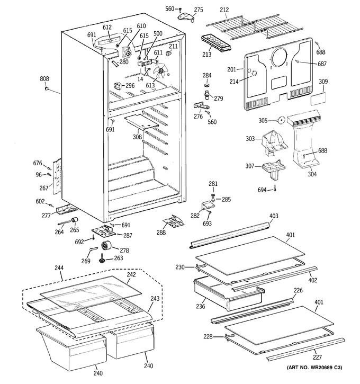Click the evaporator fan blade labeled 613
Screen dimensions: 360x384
pos(161,71)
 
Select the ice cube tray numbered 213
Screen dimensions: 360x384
pos(216,43)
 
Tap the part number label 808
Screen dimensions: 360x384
pos(44,78)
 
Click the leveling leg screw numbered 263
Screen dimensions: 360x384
pos(102,258)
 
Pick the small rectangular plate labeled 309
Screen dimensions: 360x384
pos(318,99)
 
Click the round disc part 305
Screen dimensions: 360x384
pos(281,120)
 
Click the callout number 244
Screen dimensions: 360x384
pos(59,268)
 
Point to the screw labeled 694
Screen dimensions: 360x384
pos(275,188)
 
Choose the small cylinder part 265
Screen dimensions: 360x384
pos(75,220)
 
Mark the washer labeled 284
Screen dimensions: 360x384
pos(208,85)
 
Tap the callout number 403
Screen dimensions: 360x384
pos(274,216)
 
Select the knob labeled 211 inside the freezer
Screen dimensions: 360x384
pos(168,52)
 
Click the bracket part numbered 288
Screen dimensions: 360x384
pos(174,221)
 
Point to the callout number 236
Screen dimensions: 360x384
pos(201,306)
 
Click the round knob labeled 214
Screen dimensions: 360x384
pos(254,73)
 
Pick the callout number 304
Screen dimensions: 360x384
pos(312,174)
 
